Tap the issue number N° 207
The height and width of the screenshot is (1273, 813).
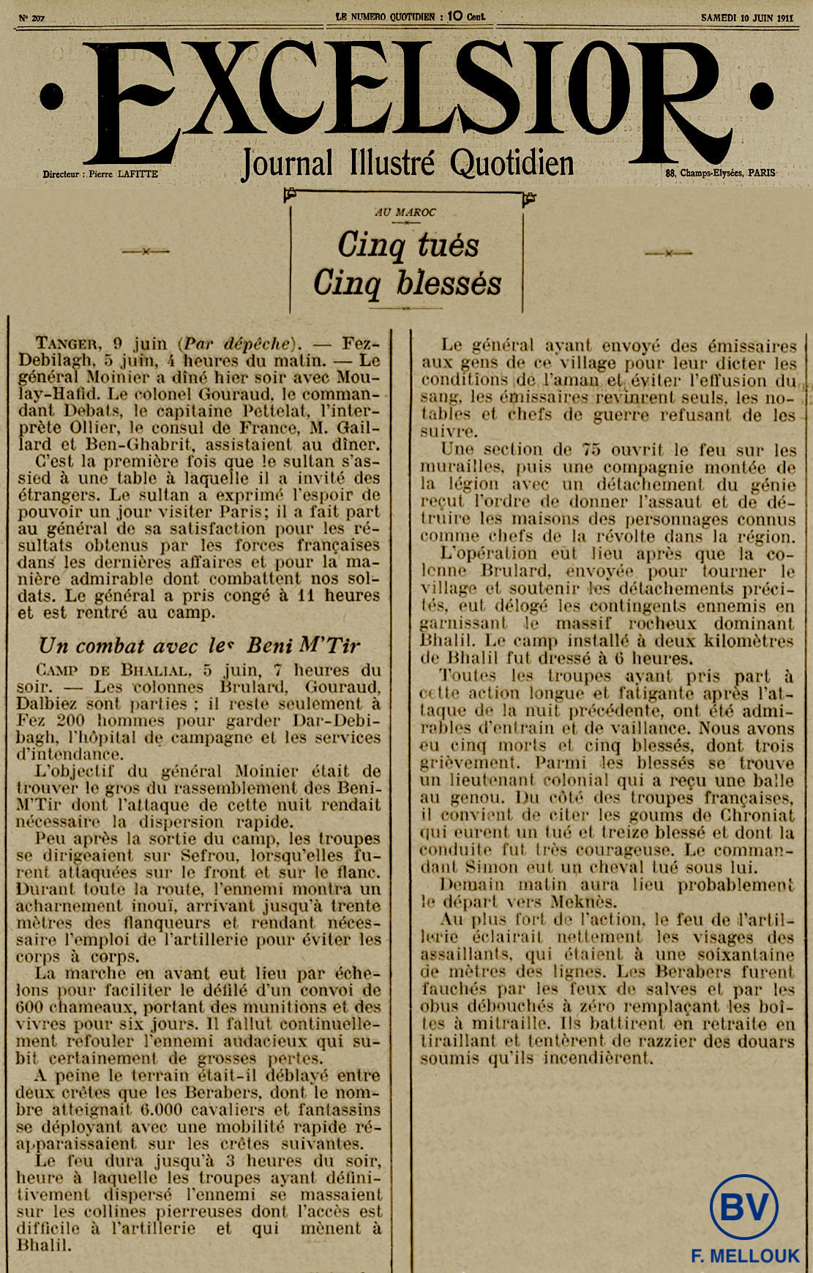[32, 18]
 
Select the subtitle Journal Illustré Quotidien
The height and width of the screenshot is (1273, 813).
[407, 163]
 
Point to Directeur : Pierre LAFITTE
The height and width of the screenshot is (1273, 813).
[100, 174]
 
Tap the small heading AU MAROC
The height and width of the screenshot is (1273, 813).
[405, 212]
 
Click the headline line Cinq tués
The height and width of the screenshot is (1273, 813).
[408, 245]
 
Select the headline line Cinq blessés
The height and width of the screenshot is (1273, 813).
[408, 283]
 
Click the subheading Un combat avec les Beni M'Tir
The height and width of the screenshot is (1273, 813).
[199, 645]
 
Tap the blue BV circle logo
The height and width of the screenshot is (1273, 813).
[743, 1207]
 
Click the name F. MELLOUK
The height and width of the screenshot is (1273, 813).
[745, 1255]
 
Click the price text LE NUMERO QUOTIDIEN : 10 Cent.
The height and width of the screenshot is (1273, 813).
[410, 16]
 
